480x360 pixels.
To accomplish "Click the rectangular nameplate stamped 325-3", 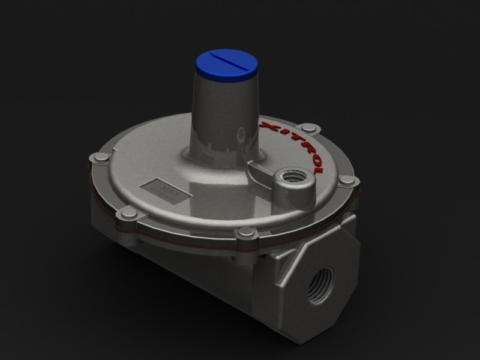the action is click(x=166, y=191).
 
